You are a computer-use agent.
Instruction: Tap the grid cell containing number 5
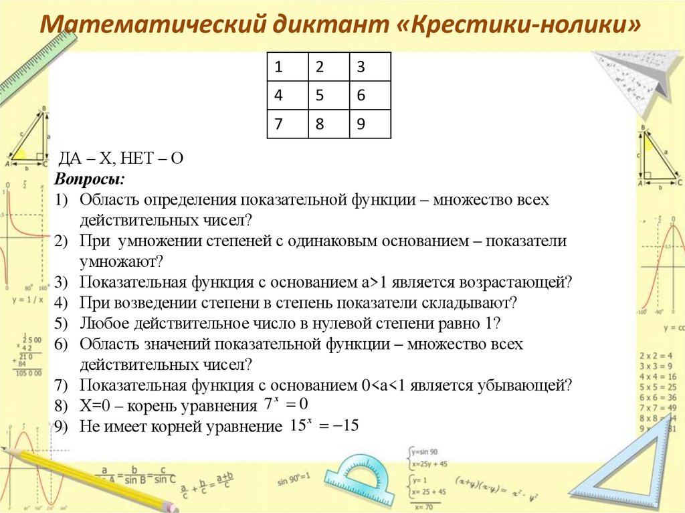click(x=328, y=96)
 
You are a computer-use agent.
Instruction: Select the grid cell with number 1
click(x=287, y=67)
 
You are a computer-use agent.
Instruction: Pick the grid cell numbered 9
click(x=370, y=124)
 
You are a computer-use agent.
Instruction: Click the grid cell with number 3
click(x=370, y=67)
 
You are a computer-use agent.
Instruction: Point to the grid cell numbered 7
click(x=287, y=124)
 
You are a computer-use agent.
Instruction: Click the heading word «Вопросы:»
click(x=89, y=180)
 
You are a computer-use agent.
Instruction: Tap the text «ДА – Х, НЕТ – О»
click(x=121, y=158)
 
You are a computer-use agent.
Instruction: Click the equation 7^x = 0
click(x=286, y=405)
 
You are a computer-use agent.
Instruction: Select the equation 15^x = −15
click(x=324, y=425)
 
